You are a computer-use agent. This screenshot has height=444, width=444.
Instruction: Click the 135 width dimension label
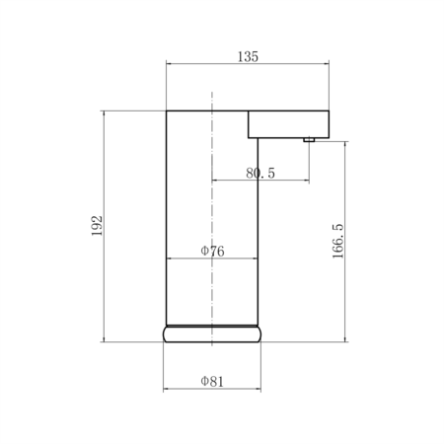click(248, 56)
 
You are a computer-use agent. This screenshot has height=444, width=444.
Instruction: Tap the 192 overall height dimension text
click(97, 226)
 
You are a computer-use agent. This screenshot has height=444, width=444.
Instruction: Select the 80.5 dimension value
click(260, 173)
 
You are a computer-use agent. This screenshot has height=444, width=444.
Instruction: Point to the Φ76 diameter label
click(212, 252)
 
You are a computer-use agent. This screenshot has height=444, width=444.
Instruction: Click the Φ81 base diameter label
click(212, 382)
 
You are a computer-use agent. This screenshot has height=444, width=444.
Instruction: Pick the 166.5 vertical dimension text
click(337, 241)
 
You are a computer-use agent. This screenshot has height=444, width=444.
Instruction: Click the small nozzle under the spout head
click(309, 140)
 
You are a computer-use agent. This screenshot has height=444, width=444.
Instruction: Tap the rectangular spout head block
click(288, 124)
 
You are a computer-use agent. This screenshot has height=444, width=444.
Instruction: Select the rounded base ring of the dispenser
click(212, 334)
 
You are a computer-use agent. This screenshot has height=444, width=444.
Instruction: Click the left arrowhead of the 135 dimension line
click(169, 63)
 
